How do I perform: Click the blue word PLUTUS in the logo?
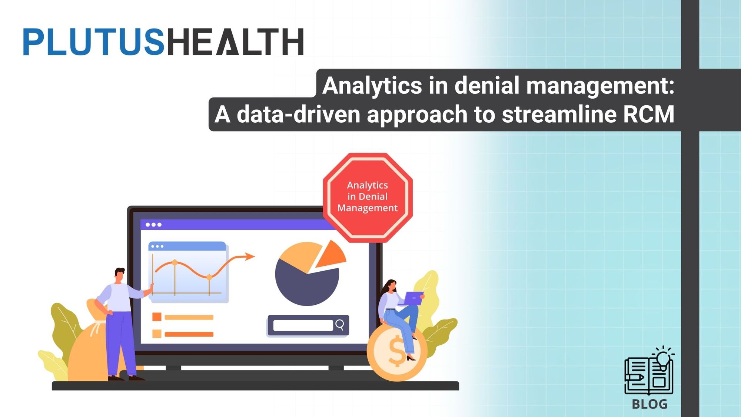(x=93, y=42)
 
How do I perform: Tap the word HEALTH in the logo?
(x=235, y=42)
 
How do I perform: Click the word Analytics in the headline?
(x=372, y=86)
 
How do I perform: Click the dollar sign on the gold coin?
(x=397, y=351)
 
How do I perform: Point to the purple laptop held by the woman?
(x=413, y=298)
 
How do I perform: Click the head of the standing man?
(x=119, y=275)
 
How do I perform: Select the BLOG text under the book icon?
(x=649, y=404)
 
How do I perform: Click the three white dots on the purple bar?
(x=153, y=225)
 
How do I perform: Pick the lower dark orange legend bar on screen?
(x=189, y=334)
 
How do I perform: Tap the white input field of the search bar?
(x=303, y=325)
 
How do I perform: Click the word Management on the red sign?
(x=367, y=208)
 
